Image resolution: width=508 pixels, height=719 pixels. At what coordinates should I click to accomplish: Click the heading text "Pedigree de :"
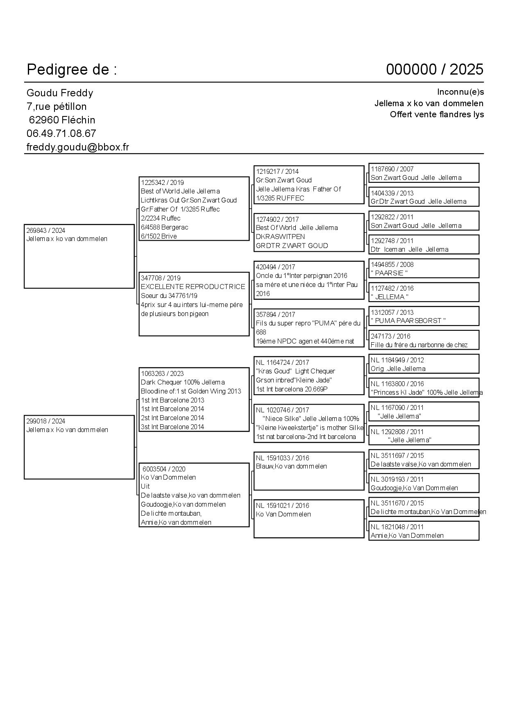click(72, 70)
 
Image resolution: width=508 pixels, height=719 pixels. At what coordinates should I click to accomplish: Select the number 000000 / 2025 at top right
click(434, 70)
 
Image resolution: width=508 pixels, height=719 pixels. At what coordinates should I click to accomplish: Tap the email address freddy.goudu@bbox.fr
click(78, 147)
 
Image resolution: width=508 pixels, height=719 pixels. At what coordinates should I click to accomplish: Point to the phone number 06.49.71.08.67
click(61, 134)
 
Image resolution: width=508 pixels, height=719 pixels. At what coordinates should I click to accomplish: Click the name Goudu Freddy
click(60, 93)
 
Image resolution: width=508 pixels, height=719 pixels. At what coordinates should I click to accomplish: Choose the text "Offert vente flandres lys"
click(437, 114)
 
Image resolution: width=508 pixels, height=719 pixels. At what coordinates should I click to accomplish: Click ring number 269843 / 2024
click(46, 230)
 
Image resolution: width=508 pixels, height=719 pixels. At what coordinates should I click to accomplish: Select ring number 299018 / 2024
click(46, 421)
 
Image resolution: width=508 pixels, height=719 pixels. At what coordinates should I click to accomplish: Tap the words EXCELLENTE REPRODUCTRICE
click(193, 287)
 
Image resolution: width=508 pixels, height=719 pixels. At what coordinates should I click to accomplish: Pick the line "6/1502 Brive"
click(159, 236)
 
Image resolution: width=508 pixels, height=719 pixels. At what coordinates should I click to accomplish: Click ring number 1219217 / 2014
click(277, 171)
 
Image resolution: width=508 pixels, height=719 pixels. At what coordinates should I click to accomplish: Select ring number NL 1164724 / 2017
click(283, 362)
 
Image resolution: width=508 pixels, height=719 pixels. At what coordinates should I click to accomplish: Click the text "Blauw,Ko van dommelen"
click(291, 466)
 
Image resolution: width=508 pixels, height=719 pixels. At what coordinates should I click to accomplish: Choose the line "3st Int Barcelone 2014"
click(172, 427)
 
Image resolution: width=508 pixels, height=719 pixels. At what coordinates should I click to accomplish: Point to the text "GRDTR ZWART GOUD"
click(292, 246)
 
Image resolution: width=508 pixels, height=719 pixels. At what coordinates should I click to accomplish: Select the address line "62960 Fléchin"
click(62, 120)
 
